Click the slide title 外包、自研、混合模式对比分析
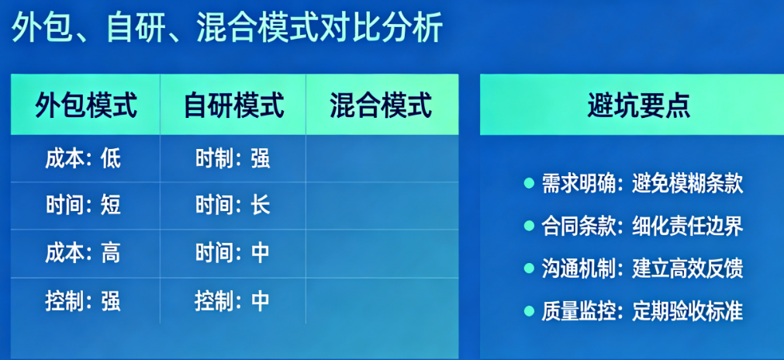[x=226, y=27]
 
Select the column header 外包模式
[x=85, y=106]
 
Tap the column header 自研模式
[x=233, y=106]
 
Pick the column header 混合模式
[x=381, y=106]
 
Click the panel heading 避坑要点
[x=638, y=106]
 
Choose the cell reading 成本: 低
[x=83, y=158]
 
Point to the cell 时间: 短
[x=83, y=206]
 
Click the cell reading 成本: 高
[x=83, y=253]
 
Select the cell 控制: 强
[x=83, y=301]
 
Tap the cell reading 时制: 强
[x=233, y=158]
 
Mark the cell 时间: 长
[x=233, y=206]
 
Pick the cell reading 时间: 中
[x=233, y=253]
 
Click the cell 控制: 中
[x=233, y=301]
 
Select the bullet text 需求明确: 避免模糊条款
[x=643, y=184]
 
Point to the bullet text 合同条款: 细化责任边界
[x=643, y=227]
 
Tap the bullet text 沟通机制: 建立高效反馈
[x=643, y=269]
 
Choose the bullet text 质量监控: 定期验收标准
[x=643, y=311]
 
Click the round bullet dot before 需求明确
[x=529, y=184]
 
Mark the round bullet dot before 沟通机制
[x=529, y=268]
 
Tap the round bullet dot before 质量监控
[x=529, y=311]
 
